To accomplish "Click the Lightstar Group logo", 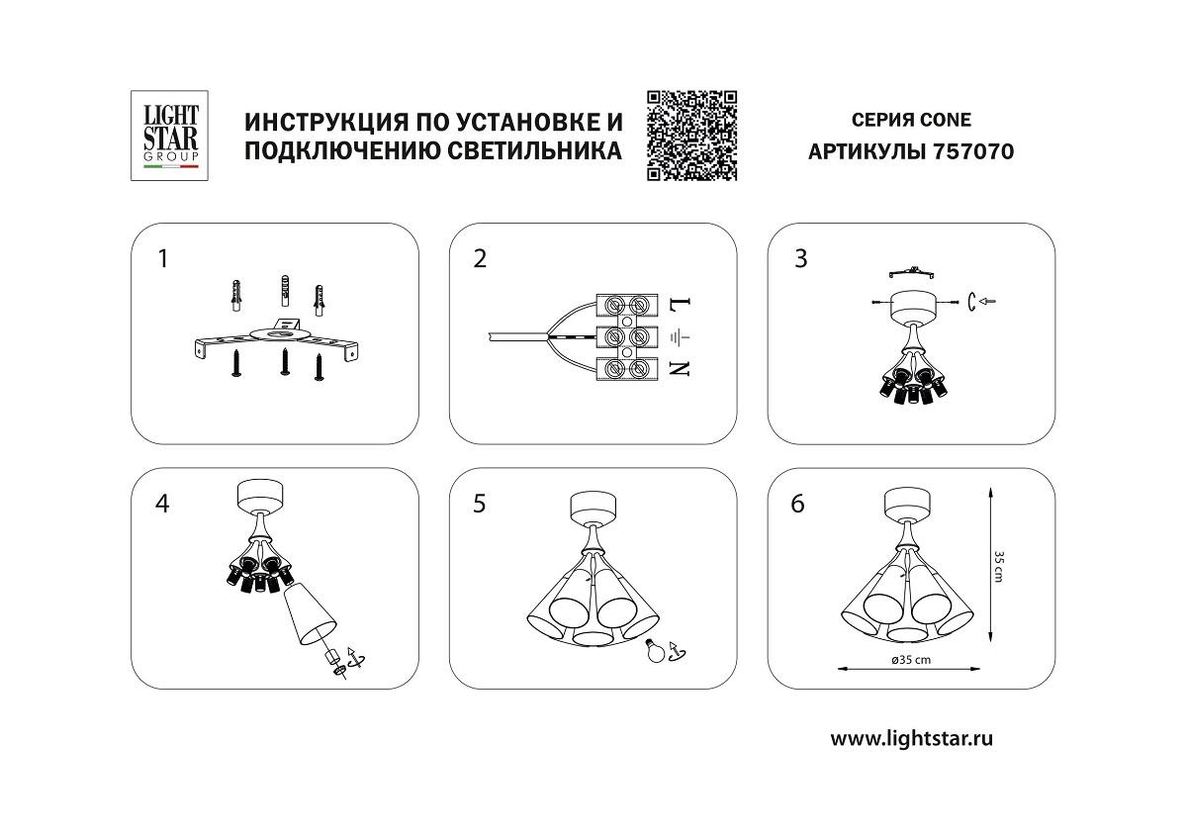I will coord(166,136).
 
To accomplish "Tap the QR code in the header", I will coord(692,136).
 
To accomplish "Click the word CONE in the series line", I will coord(946,121).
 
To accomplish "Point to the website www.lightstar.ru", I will coord(911,737).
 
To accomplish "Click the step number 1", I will coord(163,259).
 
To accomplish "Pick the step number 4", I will coord(163,504).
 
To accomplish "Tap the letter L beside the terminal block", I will coord(681,305).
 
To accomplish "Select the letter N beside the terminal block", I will coord(681,369).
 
